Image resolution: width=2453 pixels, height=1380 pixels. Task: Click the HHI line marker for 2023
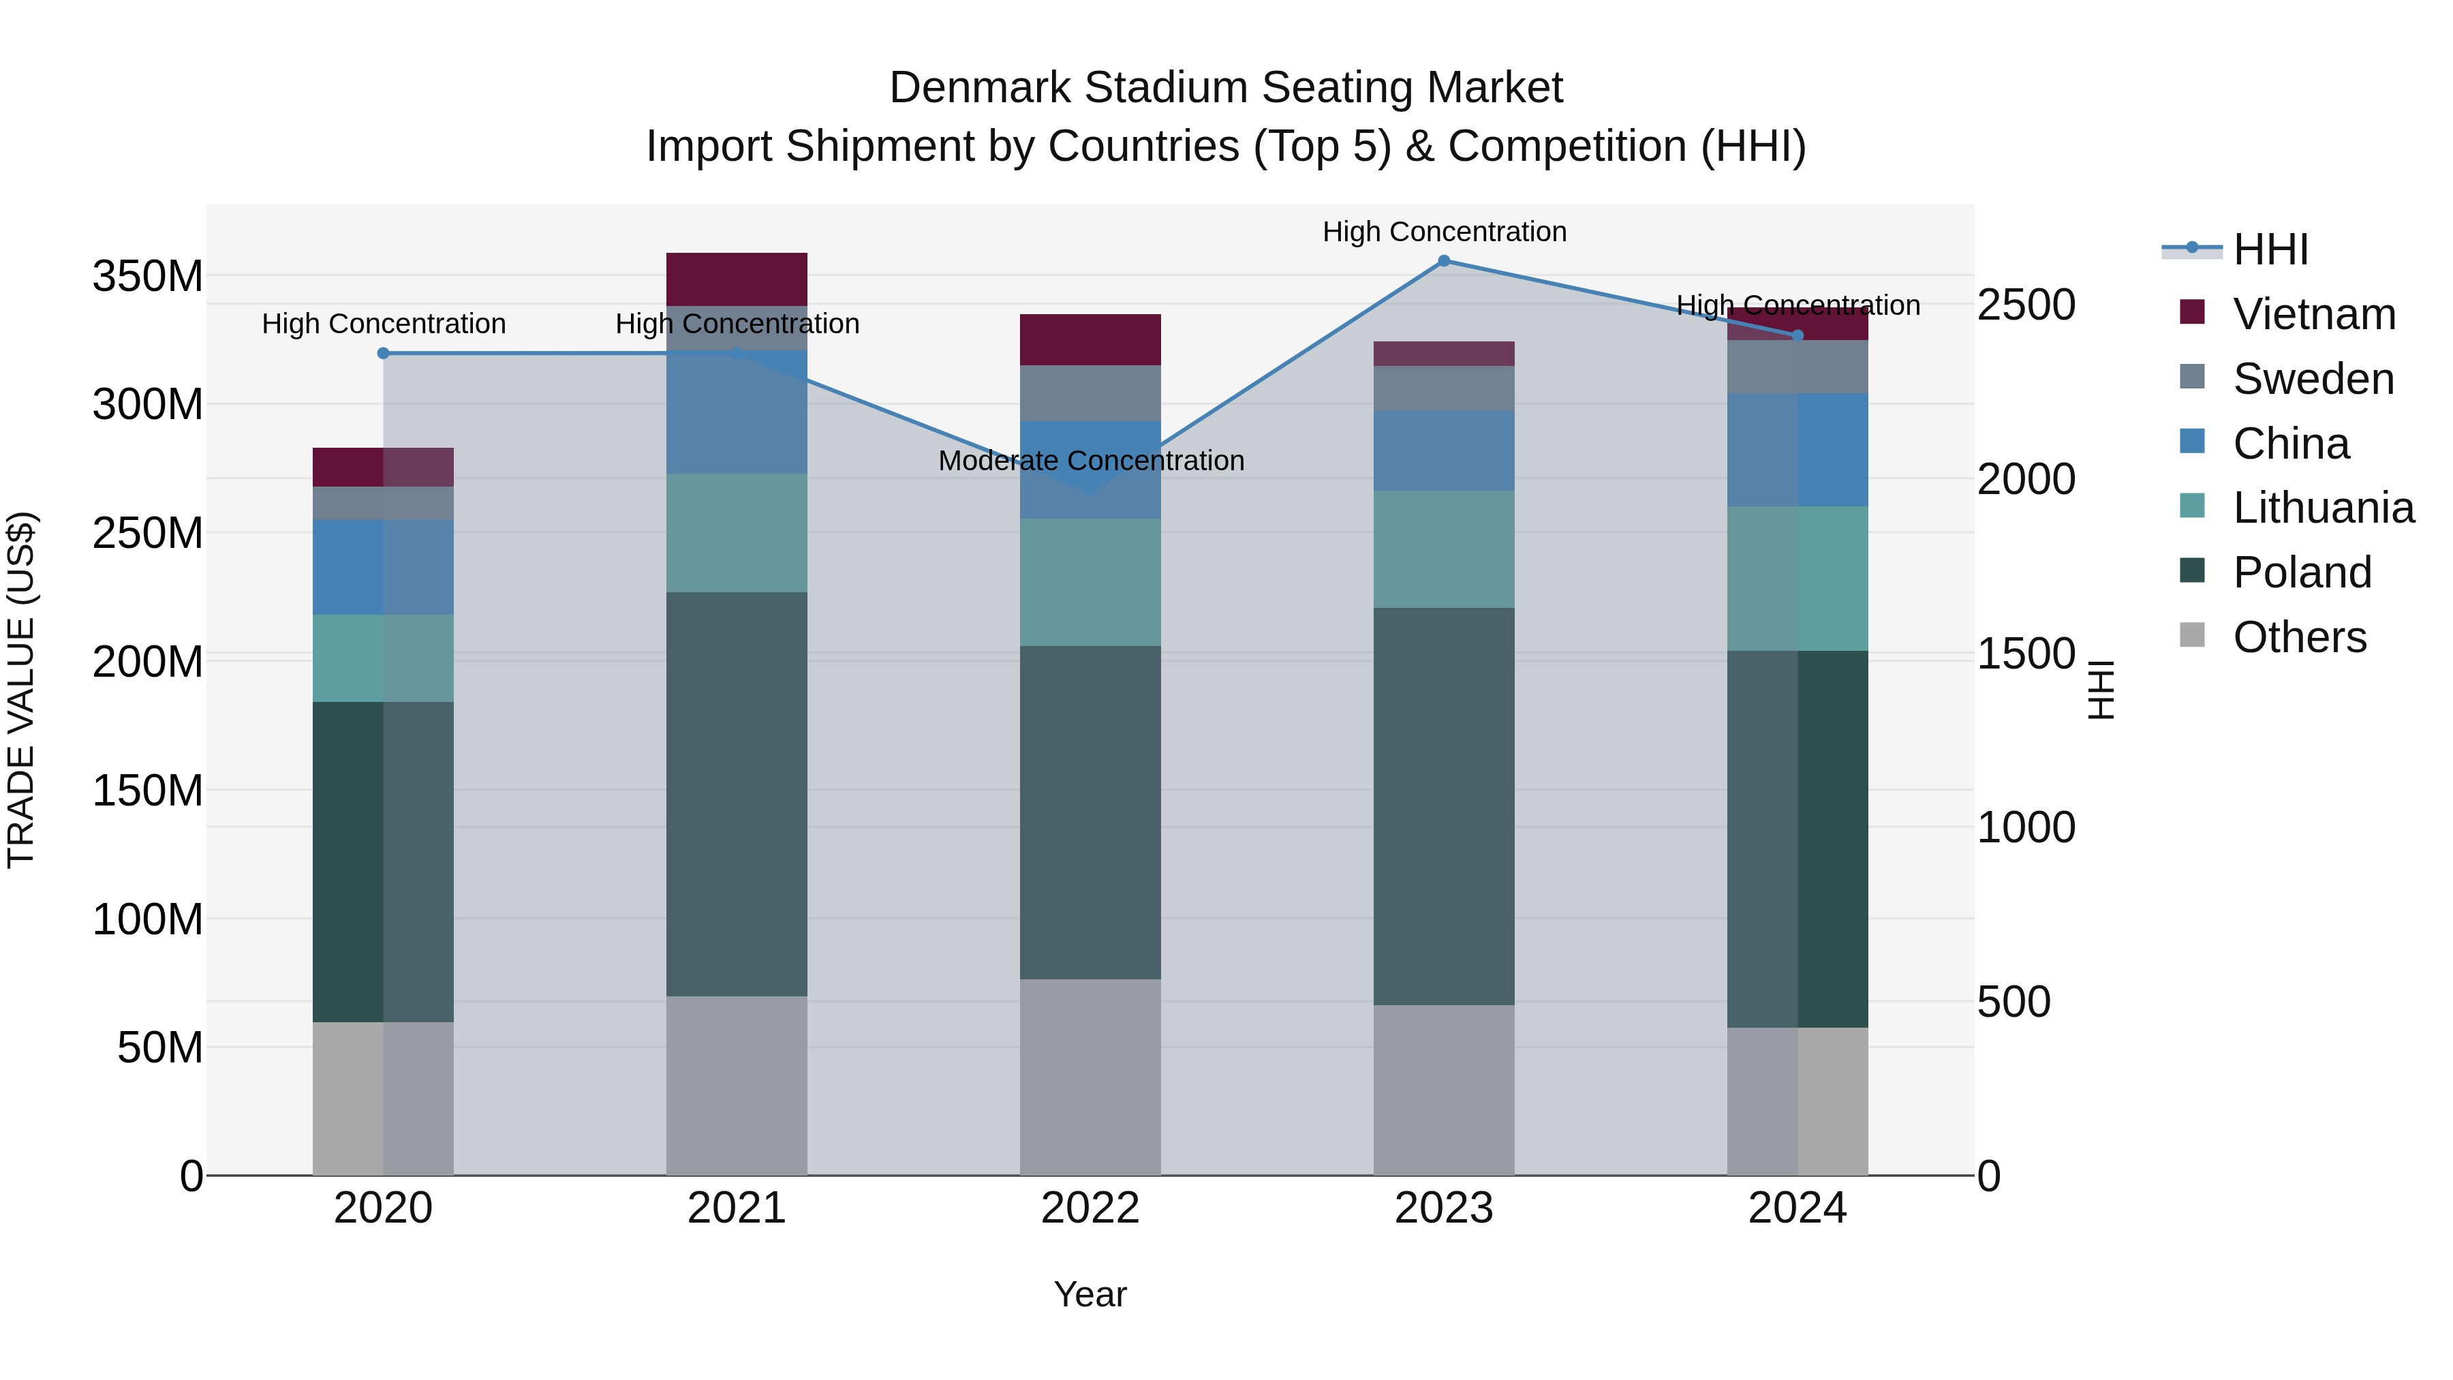click(1444, 260)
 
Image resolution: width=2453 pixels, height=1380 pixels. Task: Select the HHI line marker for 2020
click(383, 353)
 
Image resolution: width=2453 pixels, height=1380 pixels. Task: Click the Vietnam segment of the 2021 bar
click(736, 279)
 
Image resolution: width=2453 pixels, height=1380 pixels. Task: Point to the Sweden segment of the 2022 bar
click(1090, 393)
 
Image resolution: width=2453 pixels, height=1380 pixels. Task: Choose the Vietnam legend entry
click(2313, 314)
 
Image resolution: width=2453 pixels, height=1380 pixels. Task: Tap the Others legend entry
click(2299, 637)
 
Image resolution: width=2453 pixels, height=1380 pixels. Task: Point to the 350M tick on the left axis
click(148, 276)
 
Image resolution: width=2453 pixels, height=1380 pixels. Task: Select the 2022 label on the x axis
click(1090, 1208)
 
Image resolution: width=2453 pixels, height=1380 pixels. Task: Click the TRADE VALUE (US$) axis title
click(21, 690)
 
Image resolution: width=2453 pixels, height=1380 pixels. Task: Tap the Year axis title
click(1090, 1294)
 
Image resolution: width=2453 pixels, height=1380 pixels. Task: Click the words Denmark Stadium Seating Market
click(1226, 88)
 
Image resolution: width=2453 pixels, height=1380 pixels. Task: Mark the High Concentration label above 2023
click(1444, 232)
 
